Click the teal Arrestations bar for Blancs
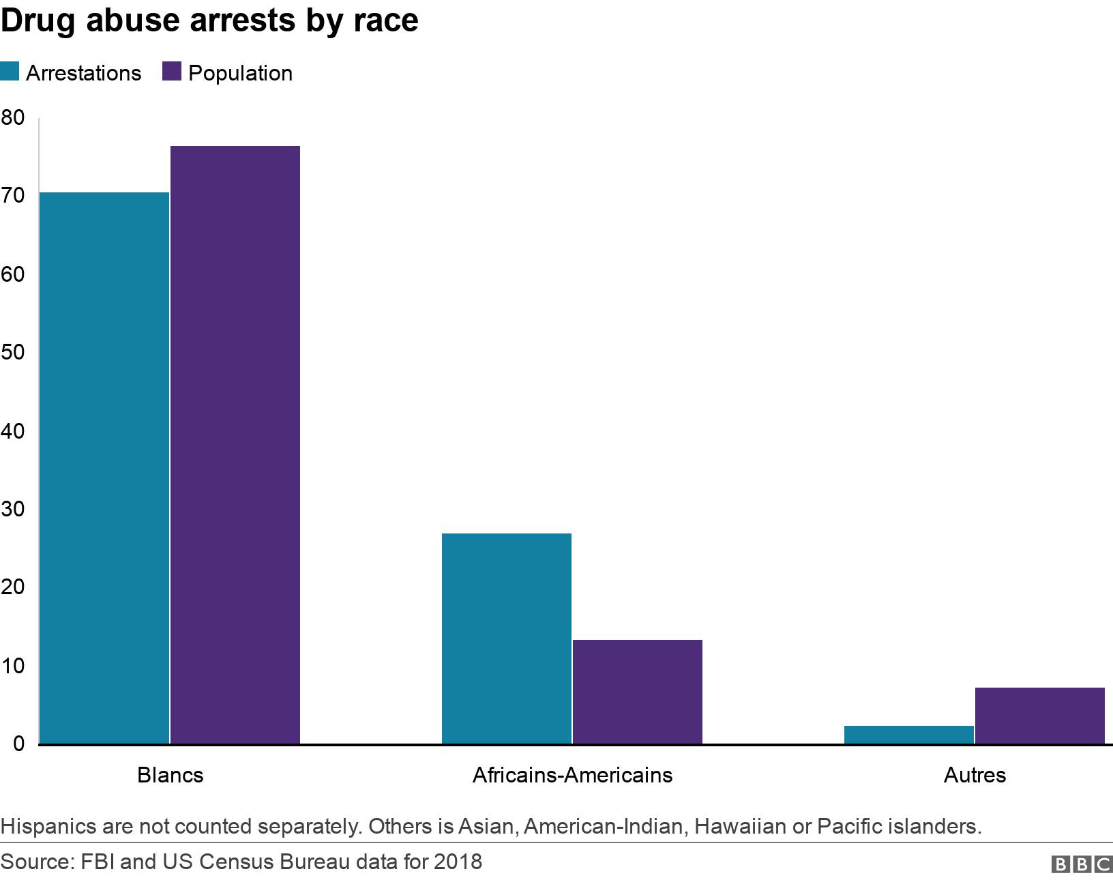click(x=104, y=468)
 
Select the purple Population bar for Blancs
click(x=235, y=445)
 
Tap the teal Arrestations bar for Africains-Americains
click(x=506, y=639)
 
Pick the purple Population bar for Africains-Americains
click(x=637, y=692)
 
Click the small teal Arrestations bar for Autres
click(x=908, y=735)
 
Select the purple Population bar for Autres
click(x=1039, y=716)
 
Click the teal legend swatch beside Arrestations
click(x=10, y=72)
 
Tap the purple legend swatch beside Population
click(x=171, y=72)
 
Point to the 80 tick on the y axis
click(x=12, y=117)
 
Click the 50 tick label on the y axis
click(x=12, y=353)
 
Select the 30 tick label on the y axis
click(x=12, y=510)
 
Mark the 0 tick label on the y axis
click(x=18, y=744)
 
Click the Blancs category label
click(x=170, y=775)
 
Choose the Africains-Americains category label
click(x=572, y=775)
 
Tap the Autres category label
click(x=975, y=775)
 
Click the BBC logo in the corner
click(x=1081, y=864)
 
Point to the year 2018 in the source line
click(x=458, y=862)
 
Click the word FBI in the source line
click(x=98, y=862)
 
